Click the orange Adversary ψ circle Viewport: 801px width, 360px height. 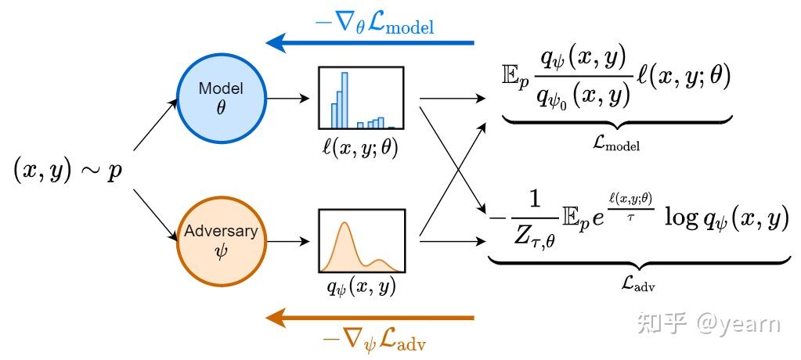pyautogui.click(x=220, y=240)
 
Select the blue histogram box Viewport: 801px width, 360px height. pyautogui.click(x=360, y=98)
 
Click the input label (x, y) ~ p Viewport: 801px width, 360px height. pyautogui.click(x=67, y=170)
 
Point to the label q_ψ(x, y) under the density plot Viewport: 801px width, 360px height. pyautogui.click(x=361, y=288)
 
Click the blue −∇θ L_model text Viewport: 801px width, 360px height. pyautogui.click(x=373, y=23)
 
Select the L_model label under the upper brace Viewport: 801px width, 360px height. pyautogui.click(x=616, y=143)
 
